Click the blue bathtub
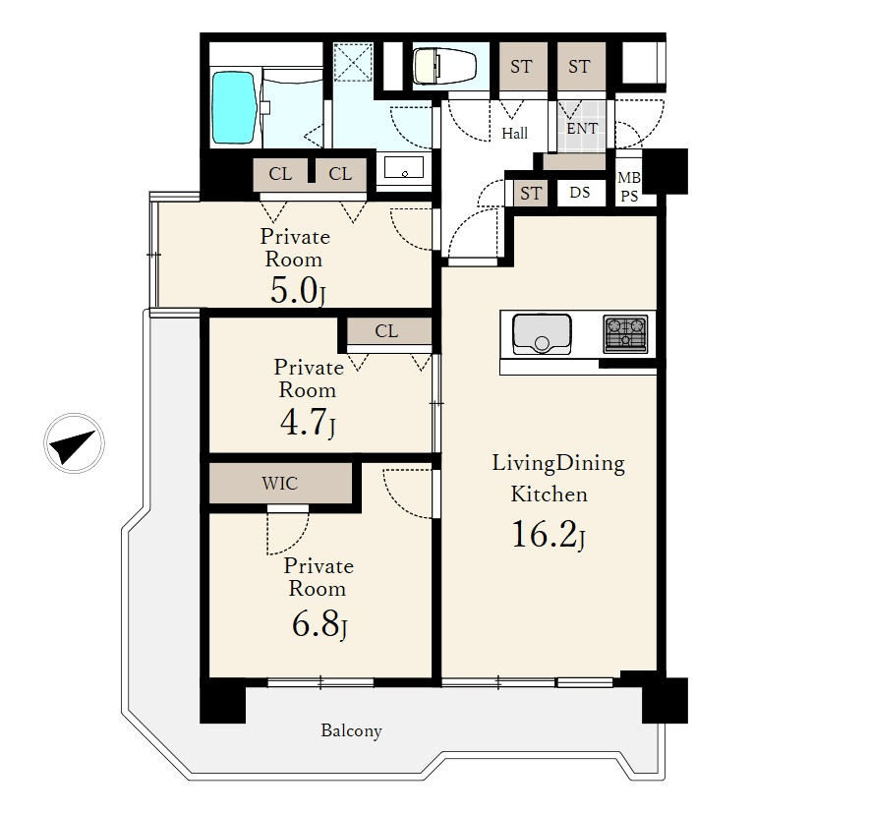click(x=234, y=107)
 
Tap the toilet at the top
click(x=444, y=66)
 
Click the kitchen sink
click(x=542, y=334)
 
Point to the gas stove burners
click(x=626, y=334)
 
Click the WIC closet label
click(x=280, y=484)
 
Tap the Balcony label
click(x=351, y=730)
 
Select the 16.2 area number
click(x=545, y=535)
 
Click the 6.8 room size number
click(x=316, y=624)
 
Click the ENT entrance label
click(x=583, y=129)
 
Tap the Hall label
click(x=515, y=133)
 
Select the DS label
click(x=580, y=193)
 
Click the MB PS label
click(x=629, y=187)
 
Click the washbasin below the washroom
click(x=404, y=167)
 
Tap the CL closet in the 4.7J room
click(x=387, y=330)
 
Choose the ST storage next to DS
click(x=531, y=193)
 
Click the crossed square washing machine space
click(x=353, y=62)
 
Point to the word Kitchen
click(x=549, y=494)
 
